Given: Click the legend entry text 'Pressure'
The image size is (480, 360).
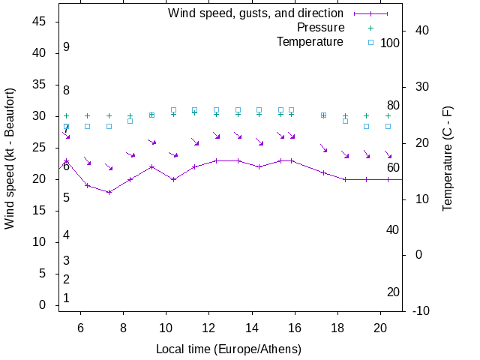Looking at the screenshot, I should tap(320, 28).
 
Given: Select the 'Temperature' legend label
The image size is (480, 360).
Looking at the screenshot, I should tap(310, 42).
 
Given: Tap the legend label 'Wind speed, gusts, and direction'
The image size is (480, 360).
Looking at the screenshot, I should tap(256, 13).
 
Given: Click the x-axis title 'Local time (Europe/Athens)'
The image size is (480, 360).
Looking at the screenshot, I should tap(229, 349).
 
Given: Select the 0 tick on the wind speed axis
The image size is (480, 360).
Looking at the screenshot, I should tap(43, 305).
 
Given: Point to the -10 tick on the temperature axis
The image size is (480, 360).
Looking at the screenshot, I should tap(421, 311).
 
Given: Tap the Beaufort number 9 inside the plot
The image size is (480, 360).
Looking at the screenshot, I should tap(67, 47).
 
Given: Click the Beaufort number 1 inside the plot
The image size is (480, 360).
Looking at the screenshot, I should tap(67, 298).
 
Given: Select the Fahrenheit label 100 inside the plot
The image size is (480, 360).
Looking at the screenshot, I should tap(390, 43).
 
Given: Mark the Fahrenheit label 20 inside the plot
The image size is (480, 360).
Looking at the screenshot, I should tap(393, 292).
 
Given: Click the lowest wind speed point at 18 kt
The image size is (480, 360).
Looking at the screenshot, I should tap(109, 192).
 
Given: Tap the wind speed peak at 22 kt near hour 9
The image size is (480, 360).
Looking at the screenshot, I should tap(151, 166).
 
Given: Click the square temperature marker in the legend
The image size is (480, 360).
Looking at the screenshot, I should tap(370, 42).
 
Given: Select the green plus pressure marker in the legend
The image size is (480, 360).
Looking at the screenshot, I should tap(370, 28).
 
